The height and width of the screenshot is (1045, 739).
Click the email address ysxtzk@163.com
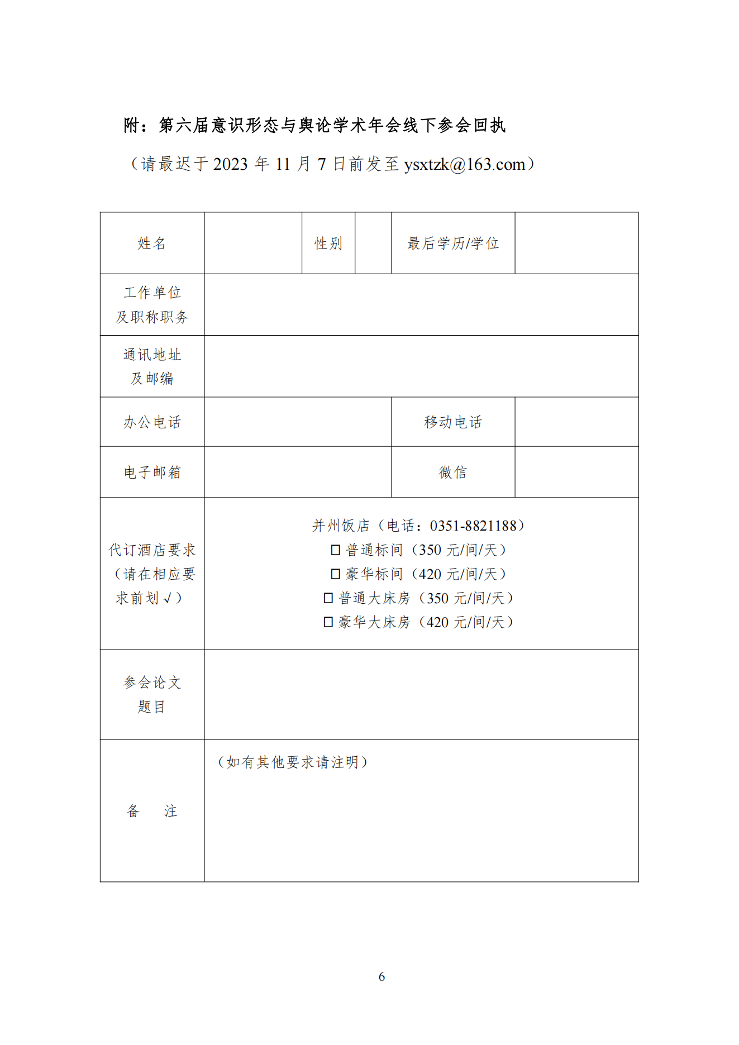pos(465,164)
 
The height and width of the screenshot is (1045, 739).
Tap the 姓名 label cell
pos(152,244)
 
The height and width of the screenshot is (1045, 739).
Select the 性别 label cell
pos(328,244)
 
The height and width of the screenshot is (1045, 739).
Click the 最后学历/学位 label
pos(453,244)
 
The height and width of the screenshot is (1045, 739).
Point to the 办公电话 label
pos(152,422)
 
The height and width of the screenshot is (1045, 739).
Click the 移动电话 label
pos(453,422)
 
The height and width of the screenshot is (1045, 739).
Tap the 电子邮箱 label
pos(152,473)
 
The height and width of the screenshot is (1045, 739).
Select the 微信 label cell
pos(453,473)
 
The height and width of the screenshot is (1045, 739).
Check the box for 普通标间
pos(336,550)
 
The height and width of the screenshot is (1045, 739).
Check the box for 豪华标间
pos(336,574)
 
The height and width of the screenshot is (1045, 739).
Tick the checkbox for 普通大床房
pos(328,598)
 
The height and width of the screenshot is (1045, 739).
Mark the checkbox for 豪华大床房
pos(328,622)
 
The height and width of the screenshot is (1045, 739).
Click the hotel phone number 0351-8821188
pos(473,526)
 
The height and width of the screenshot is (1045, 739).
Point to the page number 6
pos(382,977)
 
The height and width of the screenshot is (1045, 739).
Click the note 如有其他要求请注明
pos(293,762)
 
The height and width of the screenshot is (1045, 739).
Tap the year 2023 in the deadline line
pos(230,164)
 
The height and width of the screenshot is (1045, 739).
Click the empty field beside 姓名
pos(253,244)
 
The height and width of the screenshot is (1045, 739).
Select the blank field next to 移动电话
pos(576,422)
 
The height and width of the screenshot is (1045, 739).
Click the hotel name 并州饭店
pos(341,526)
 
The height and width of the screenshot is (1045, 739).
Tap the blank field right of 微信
pos(576,473)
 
